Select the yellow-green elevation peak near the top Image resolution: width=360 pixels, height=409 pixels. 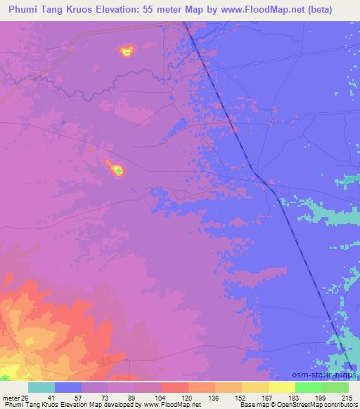[126, 51]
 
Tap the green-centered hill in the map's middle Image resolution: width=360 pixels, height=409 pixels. [118, 169]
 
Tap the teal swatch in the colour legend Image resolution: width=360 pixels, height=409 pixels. [41, 387]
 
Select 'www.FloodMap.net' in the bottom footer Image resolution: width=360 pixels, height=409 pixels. [159, 405]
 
